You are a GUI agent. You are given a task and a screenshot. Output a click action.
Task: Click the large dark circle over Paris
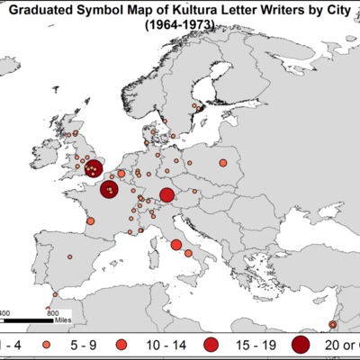pyautogui.click(x=109, y=190)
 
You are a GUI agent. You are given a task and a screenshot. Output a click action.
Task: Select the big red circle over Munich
pyautogui.click(x=166, y=196)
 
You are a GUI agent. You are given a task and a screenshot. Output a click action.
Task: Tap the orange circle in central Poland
pyautogui.click(x=222, y=163)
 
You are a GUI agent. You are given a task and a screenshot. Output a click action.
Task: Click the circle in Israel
pyautogui.click(x=333, y=324)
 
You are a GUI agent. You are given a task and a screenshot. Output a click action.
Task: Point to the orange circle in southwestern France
pyautogui.click(x=89, y=222)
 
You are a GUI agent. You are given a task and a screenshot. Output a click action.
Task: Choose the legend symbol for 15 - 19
pyautogui.click(x=211, y=346)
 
